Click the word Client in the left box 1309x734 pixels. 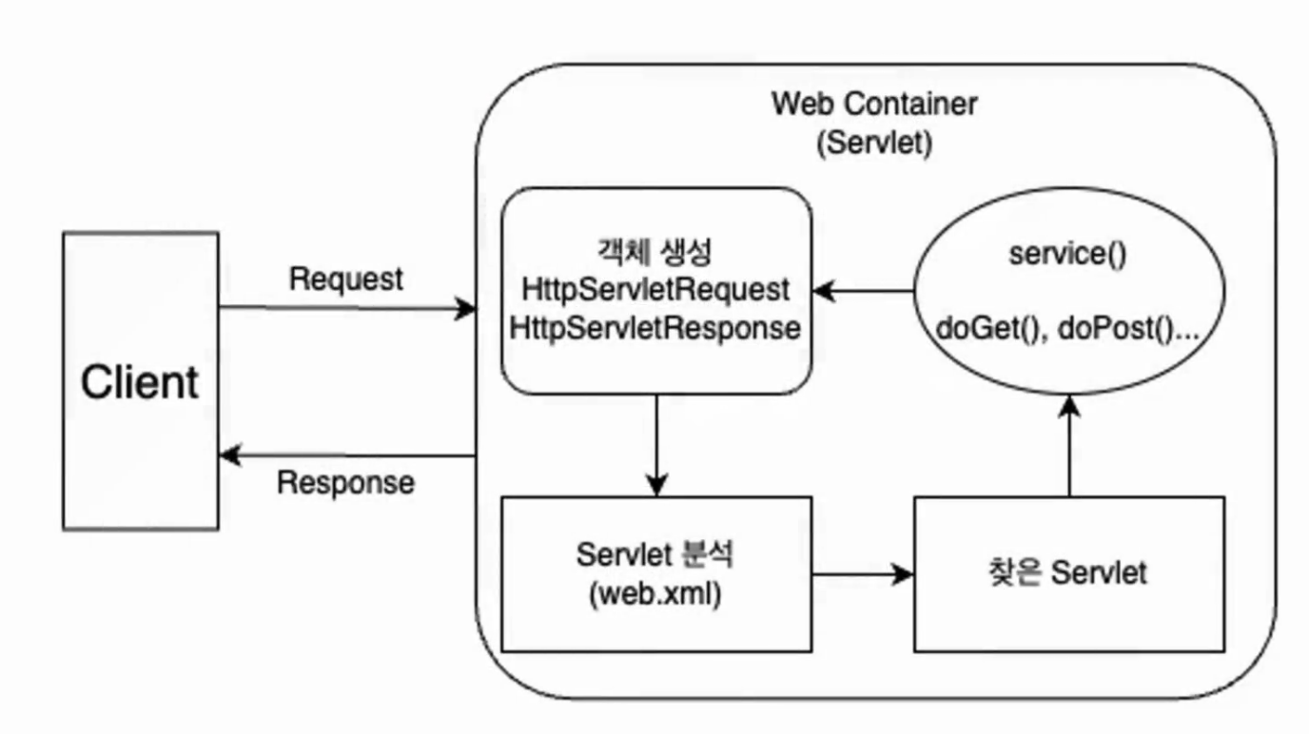(140, 382)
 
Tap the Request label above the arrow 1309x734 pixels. (346, 280)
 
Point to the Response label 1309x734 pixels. (346, 483)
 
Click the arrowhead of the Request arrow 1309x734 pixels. (466, 309)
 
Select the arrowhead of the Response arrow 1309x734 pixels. (230, 455)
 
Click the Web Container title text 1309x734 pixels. (874, 105)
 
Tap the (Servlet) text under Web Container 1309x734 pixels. (874, 143)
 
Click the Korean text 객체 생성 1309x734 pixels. (654, 252)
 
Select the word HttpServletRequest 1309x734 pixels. (655, 290)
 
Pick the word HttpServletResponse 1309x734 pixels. (655, 328)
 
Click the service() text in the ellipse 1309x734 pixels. (1067, 254)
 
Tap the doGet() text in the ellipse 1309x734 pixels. (988, 329)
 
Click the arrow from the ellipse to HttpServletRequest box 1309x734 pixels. (864, 291)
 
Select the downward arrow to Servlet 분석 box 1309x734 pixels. (656, 446)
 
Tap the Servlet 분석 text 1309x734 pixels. (654, 554)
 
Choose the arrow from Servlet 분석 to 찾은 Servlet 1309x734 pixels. (863, 574)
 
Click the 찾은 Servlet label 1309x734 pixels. (1067, 572)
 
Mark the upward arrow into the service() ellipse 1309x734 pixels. (1069, 446)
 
